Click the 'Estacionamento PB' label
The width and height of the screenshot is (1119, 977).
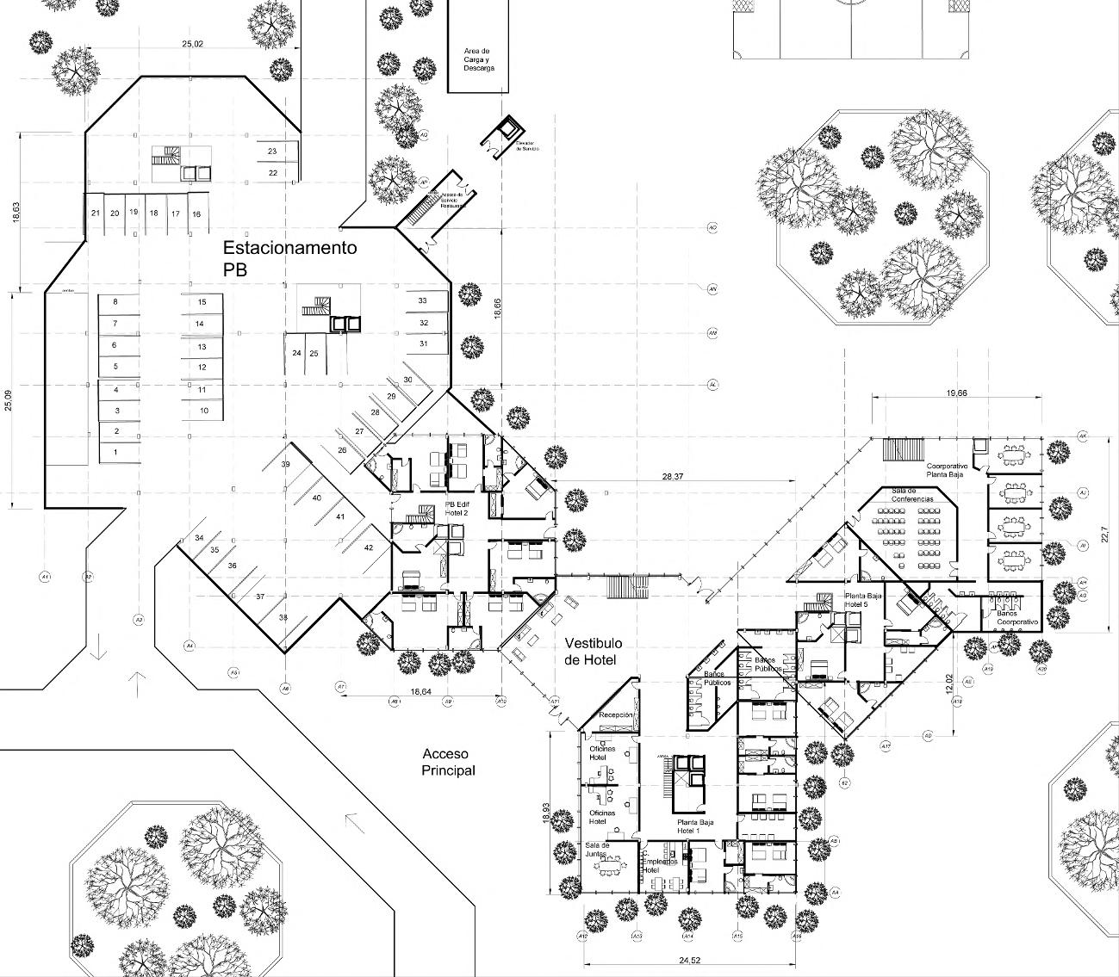click(289, 258)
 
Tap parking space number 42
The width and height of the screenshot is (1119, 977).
click(369, 547)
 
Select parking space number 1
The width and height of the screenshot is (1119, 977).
click(115, 452)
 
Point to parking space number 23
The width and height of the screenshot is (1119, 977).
click(272, 151)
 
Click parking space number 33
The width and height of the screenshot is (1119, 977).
click(422, 300)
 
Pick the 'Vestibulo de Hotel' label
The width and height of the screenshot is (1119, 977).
click(594, 651)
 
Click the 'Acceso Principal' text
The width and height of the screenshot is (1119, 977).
click(448, 763)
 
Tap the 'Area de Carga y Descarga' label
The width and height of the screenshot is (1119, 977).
click(477, 59)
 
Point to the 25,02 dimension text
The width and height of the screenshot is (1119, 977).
click(192, 43)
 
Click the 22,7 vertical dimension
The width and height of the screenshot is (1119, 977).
click(1105, 535)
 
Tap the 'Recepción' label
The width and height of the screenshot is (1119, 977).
click(616, 715)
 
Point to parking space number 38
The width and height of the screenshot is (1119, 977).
click(283, 617)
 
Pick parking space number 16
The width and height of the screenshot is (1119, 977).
click(196, 214)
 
